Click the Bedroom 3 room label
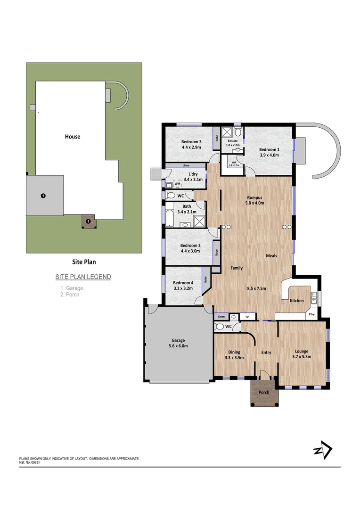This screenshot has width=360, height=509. click(191, 142)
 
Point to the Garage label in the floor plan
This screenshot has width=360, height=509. click(178, 340)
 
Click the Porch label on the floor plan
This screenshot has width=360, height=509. click(264, 392)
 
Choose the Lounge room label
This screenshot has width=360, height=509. click(302, 352)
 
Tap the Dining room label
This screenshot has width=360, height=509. click(234, 352)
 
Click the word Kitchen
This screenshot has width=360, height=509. click(296, 301)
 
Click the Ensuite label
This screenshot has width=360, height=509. click(233, 140)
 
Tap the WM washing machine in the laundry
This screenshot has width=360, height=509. click(177, 184)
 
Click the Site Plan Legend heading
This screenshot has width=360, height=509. click(83, 277)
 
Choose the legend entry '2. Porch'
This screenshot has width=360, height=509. click(70, 295)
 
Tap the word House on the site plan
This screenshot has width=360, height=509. click(73, 137)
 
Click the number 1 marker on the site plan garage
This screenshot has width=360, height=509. click(43, 195)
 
